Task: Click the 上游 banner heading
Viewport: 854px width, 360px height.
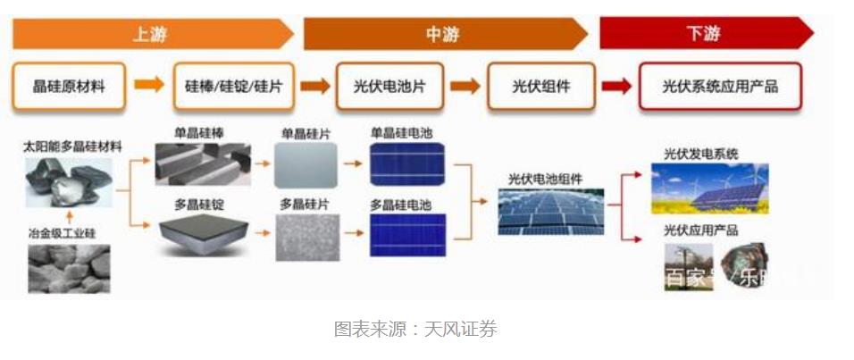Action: (149, 35)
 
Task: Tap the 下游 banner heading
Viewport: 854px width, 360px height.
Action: (703, 35)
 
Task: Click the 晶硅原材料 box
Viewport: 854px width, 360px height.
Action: (69, 87)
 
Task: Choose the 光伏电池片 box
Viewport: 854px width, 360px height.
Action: (389, 87)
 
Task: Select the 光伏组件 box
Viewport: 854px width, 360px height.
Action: (540, 87)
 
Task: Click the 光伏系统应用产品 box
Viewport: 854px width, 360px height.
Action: (720, 87)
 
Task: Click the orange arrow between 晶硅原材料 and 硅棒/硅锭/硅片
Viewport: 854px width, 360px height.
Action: (149, 87)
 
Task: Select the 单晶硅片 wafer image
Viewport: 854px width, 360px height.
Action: (305, 164)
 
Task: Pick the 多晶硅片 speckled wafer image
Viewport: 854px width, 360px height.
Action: (305, 236)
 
